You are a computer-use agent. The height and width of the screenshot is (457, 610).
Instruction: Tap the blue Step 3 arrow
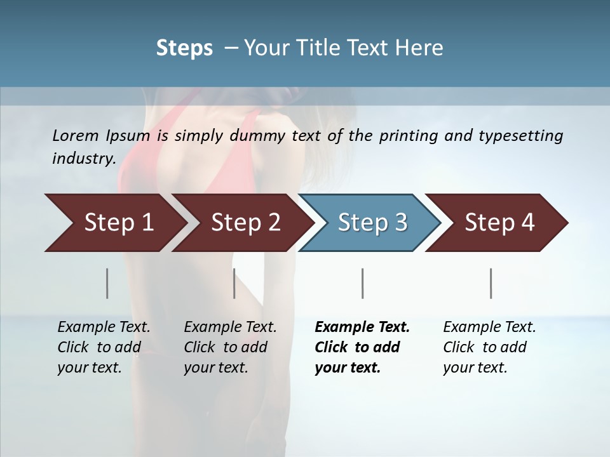point(372,223)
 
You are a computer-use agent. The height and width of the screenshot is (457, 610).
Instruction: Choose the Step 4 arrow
point(499,223)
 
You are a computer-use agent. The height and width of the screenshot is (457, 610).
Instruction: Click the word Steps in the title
point(184,48)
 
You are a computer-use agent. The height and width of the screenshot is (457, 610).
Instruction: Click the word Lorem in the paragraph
point(75,135)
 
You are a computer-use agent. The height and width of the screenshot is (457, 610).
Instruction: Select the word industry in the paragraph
point(84,158)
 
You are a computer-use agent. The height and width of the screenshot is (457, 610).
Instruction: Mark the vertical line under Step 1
point(107,283)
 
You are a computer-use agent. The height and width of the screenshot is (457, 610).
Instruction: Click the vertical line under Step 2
point(234,283)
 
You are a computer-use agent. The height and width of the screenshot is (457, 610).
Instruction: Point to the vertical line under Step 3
point(363,283)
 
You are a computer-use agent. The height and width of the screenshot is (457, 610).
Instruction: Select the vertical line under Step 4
point(491,283)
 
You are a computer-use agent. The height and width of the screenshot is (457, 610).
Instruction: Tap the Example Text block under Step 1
point(104,347)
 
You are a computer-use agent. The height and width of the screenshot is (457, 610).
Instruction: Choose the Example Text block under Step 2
point(230,347)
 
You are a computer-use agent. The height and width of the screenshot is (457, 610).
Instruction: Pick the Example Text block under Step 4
point(489,347)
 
